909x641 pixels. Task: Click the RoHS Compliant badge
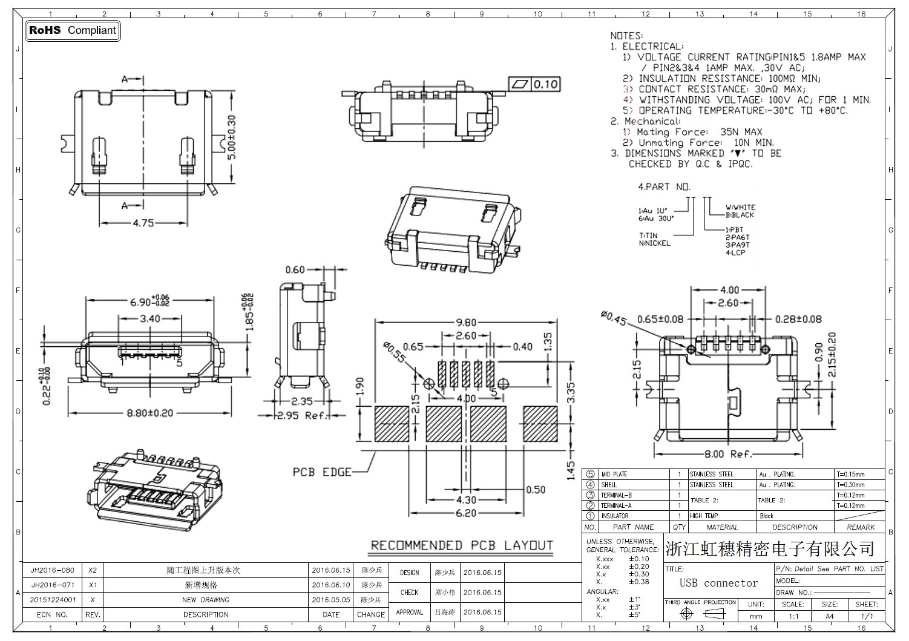click(72, 30)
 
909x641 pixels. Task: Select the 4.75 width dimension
click(143, 223)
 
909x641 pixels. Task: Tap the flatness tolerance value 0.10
click(545, 84)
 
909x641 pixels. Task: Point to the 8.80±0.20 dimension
click(149, 413)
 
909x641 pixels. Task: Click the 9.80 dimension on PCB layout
click(466, 323)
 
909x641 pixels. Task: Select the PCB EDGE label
click(322, 472)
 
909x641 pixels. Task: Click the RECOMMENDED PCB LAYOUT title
click(462, 545)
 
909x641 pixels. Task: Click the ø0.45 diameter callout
click(613, 317)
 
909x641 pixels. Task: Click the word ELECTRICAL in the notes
click(653, 46)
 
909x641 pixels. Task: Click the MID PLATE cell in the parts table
click(614, 475)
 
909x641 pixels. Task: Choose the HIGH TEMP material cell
click(704, 516)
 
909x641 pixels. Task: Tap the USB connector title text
click(718, 583)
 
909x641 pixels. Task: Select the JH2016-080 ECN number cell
click(53, 570)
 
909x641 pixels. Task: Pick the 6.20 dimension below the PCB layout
click(465, 513)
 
